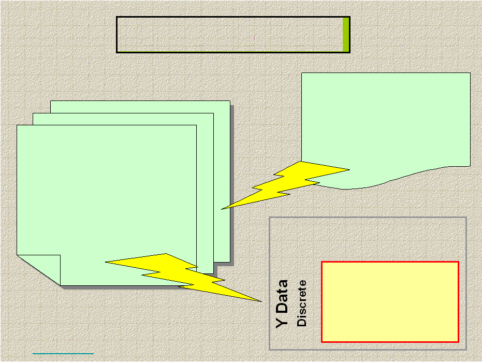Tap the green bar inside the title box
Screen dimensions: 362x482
point(345,35)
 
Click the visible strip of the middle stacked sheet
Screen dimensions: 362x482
point(205,197)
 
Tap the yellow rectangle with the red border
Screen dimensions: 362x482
point(390,301)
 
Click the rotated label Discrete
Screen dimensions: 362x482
point(302,303)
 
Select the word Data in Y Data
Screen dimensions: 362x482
point(282,298)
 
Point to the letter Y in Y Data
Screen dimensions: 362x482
point(282,322)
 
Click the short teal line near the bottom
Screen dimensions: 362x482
point(63,354)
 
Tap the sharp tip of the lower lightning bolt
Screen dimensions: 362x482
point(260,301)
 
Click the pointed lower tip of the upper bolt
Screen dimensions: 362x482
point(223,209)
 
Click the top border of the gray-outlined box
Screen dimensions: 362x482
point(368,218)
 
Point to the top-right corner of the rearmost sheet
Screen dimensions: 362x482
point(229,101)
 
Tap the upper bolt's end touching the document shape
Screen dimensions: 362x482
point(348,169)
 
